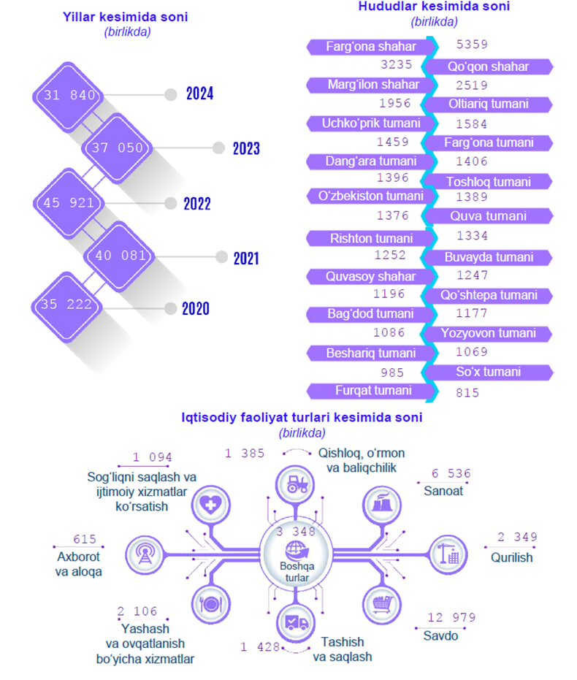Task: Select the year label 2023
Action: coord(246,148)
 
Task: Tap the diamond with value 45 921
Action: coord(69,203)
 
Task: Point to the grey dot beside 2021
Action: coord(221,257)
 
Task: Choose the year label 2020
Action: coord(196,308)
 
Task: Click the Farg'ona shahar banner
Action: coord(370,47)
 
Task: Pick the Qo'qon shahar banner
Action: coord(488,66)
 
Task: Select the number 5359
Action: coord(472,45)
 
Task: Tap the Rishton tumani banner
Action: coord(370,239)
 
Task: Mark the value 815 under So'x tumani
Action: coord(467,393)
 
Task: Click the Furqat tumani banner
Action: coord(372,391)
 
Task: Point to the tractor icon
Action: coord(297,484)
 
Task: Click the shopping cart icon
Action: coord(383,603)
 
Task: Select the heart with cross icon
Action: coord(210,505)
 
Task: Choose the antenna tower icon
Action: coord(145,554)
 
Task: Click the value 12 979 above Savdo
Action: coord(451,617)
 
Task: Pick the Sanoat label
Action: coord(443,491)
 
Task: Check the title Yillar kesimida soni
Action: coord(126,17)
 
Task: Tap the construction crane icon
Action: coord(448,554)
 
